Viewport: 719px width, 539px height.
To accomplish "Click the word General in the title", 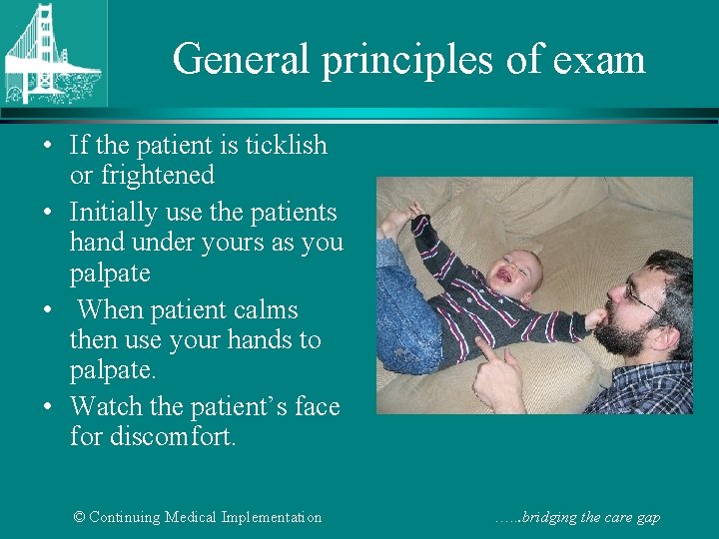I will pyautogui.click(x=243, y=60).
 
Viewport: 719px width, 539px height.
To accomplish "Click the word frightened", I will pyautogui.click(x=157, y=176).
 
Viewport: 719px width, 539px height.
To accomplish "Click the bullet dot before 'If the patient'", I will pyautogui.click(x=48, y=147).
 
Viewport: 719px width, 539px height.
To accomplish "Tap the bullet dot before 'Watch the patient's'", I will pyautogui.click(x=48, y=408).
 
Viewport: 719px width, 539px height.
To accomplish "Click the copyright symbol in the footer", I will pyautogui.click(x=80, y=517).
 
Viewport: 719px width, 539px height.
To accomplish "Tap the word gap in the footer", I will pyautogui.click(x=647, y=518).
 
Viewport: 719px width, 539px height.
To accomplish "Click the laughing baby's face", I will pyautogui.click(x=517, y=269).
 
